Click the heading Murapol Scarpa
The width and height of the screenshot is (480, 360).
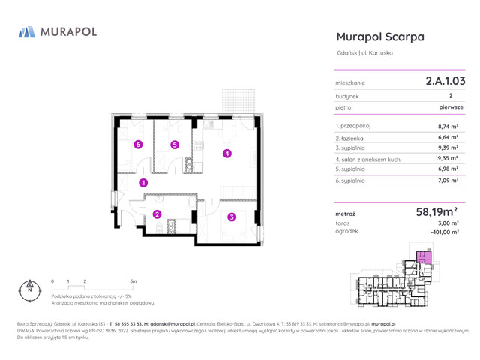pos(380,37)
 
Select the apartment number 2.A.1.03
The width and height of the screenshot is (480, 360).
pos(445,80)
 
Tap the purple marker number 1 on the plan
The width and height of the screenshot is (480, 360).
pos(143,182)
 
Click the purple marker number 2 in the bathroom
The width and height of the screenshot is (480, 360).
pos(157,214)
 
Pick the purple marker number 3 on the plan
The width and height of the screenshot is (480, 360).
pos(232,217)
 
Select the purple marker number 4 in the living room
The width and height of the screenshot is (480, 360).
pos(227,154)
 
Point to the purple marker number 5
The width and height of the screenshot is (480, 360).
pos(175,145)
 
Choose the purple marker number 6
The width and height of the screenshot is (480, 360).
pos(137,145)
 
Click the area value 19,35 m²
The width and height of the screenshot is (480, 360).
pos(448,159)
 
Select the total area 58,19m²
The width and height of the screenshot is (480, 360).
pos(442,213)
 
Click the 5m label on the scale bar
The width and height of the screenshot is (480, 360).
pos(133,280)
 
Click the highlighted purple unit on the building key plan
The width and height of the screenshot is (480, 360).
pos(424,259)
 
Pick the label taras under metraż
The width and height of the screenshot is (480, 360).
pos(343,223)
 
